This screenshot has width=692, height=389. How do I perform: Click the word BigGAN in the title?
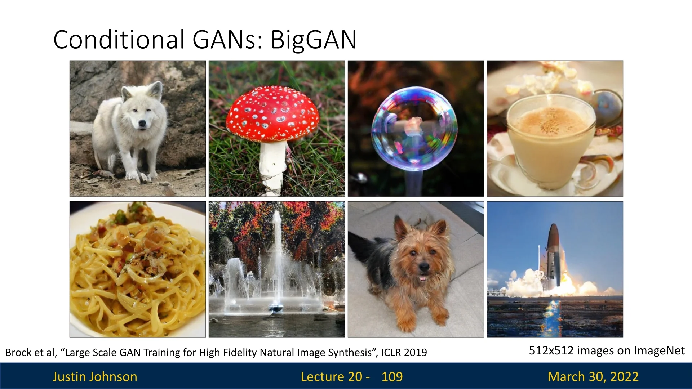314,40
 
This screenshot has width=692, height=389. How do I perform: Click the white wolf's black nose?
142,124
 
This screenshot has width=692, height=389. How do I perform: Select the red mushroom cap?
272,113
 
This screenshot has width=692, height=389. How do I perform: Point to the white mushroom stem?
273,167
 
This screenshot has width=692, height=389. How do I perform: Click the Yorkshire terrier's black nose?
424,267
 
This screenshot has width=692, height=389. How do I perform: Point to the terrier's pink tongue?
423,278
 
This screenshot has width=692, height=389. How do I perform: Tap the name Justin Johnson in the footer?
95,377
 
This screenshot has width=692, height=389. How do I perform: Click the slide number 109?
392,377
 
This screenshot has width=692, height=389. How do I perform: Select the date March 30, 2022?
593,377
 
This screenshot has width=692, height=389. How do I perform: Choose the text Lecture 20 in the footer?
332,377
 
